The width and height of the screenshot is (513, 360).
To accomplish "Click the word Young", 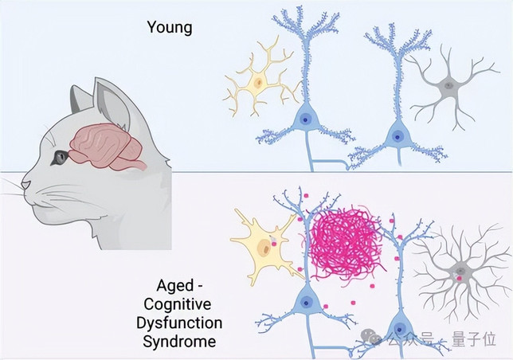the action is [170, 27].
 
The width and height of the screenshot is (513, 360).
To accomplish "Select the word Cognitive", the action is [178, 305].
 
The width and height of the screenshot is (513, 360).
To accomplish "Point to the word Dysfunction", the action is [179, 323].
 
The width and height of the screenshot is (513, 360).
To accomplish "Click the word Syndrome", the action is [179, 342].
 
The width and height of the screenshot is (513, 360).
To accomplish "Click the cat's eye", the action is [59, 157].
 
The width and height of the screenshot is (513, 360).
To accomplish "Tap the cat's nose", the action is [25, 185].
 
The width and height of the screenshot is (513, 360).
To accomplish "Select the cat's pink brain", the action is [108, 147].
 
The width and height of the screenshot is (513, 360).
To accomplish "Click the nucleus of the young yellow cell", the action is [259, 82].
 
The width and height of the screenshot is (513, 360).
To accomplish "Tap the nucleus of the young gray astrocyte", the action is [448, 86].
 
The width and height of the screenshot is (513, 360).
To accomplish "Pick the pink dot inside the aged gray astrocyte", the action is [460, 278].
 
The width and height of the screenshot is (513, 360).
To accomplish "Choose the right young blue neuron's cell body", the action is [397, 135].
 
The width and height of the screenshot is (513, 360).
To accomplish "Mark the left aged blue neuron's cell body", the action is [306, 302].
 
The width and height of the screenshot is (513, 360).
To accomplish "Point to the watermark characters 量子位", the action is [473, 338].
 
